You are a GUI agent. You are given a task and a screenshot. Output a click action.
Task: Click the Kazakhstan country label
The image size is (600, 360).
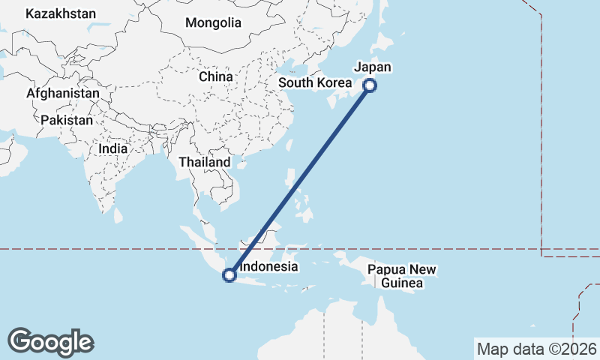61,13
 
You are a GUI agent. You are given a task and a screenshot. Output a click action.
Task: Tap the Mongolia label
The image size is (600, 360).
214,22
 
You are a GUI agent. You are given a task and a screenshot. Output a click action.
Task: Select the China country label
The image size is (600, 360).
216,76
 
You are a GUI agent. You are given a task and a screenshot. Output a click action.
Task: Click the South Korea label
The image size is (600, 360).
315,82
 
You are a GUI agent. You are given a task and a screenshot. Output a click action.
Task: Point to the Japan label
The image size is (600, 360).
373,67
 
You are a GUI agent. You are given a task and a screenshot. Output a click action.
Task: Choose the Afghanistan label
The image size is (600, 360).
63,93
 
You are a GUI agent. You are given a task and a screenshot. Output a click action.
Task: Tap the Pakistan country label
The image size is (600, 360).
67,120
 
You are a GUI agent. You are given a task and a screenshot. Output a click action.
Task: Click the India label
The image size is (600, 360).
113,148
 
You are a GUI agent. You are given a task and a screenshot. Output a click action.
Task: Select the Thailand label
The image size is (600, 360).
205,162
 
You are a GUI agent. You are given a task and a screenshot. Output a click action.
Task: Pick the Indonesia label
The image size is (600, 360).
269,266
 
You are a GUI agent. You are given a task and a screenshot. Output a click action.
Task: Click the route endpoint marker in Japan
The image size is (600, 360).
369,85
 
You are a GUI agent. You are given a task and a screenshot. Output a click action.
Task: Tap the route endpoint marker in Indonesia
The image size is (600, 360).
230,275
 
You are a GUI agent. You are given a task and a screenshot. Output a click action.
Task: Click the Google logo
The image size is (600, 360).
50,342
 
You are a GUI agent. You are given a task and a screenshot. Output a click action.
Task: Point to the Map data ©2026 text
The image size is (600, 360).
537,349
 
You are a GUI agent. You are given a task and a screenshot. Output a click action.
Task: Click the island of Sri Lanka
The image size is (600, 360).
118,215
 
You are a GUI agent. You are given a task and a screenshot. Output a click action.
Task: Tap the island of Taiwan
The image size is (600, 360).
289,142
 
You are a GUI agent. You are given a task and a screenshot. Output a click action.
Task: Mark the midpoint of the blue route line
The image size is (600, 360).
300,180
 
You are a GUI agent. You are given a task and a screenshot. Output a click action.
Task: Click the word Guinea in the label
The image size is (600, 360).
402,283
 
